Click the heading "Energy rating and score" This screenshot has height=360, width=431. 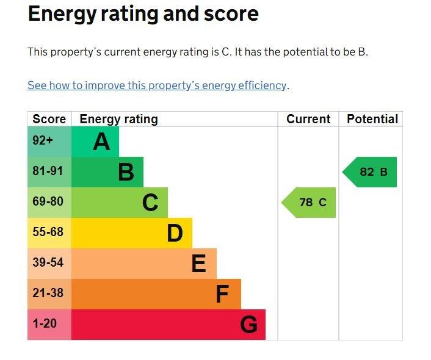(143, 14)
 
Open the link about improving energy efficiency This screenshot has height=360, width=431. (157, 85)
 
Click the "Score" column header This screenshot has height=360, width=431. (49, 119)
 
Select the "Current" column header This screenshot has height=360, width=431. (308, 119)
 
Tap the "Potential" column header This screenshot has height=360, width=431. (372, 119)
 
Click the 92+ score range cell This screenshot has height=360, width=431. (43, 141)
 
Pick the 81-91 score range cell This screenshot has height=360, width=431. (48, 171)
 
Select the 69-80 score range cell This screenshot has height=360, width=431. (48, 202)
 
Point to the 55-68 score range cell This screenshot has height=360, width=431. (48, 232)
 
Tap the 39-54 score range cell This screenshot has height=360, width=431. (48, 263)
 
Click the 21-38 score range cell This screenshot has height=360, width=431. (48, 293)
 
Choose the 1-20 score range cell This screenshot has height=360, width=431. (45, 324)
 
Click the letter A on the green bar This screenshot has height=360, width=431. (101, 142)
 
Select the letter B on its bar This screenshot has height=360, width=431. (126, 172)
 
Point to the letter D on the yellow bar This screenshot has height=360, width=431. (175, 233)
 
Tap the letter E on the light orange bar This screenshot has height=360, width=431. (198, 264)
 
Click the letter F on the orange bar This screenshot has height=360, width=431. (222, 295)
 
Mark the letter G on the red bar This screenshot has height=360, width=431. (248, 325)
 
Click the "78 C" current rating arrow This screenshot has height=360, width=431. (310, 203)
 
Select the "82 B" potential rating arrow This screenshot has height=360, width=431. (371, 172)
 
